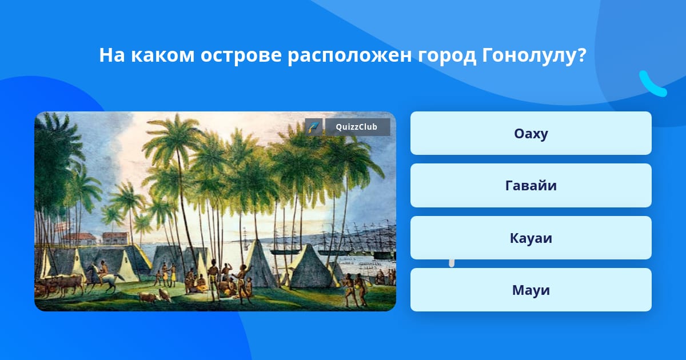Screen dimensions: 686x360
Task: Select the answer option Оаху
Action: coord(531,133)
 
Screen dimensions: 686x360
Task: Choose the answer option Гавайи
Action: coord(531,186)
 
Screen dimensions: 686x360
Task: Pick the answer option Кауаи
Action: coord(531,238)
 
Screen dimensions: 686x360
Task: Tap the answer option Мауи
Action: coord(531,290)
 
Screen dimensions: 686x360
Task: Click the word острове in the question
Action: coord(241,55)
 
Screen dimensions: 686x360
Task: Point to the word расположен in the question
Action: coord(349,56)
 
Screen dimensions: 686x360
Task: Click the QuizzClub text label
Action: coord(357,127)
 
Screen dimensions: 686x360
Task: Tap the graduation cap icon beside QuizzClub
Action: coord(314,127)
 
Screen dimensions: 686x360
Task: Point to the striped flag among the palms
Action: coord(62,227)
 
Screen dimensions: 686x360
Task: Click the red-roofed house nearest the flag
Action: coord(79,239)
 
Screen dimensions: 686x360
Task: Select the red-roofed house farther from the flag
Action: coord(115,238)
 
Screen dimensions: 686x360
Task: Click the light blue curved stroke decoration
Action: coord(652,85)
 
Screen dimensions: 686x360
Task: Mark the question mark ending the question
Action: coord(580,55)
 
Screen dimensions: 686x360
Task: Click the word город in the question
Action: coord(447,57)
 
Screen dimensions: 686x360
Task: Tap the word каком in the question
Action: coord(162,55)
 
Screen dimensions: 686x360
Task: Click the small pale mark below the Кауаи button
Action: coord(452,263)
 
